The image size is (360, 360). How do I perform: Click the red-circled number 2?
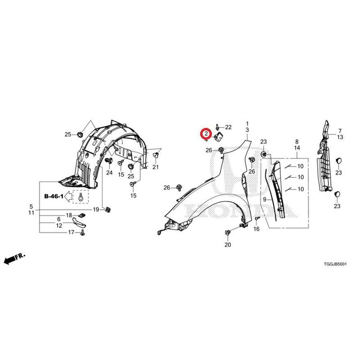(206, 133)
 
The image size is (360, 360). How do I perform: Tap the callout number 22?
(228, 127)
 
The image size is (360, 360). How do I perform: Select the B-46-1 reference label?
(54, 196)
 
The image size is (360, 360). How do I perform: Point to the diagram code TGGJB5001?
(335, 264)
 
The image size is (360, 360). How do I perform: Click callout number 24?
(109, 172)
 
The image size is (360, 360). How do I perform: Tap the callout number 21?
(155, 167)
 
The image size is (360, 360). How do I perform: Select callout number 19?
(96, 209)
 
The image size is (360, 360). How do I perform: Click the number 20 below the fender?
(228, 245)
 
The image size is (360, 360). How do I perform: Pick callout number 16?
(256, 229)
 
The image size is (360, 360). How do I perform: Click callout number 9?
(265, 199)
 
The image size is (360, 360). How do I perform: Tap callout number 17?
(71, 232)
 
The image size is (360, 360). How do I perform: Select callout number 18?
(69, 215)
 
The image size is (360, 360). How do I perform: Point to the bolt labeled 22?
(217, 127)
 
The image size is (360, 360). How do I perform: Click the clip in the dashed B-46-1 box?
(81, 197)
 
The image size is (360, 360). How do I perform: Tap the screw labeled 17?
(82, 233)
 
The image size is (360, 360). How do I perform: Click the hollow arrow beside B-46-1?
(68, 197)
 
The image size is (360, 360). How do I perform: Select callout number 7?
(340, 131)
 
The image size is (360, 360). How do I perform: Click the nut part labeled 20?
(227, 233)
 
